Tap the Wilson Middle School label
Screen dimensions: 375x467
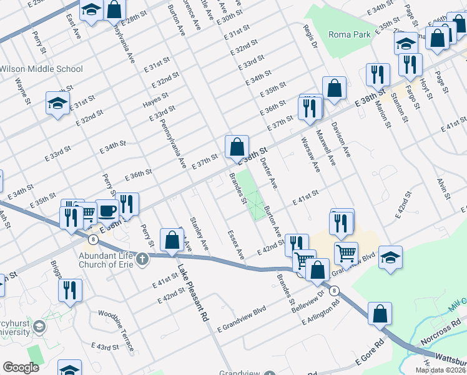pyautogui.click(x=42, y=69)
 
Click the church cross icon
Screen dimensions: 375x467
pyautogui.click(x=142, y=257)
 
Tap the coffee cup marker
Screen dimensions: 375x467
pyautogui.click(x=107, y=211)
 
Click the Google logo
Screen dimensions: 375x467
pyautogui.click(x=21, y=367)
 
